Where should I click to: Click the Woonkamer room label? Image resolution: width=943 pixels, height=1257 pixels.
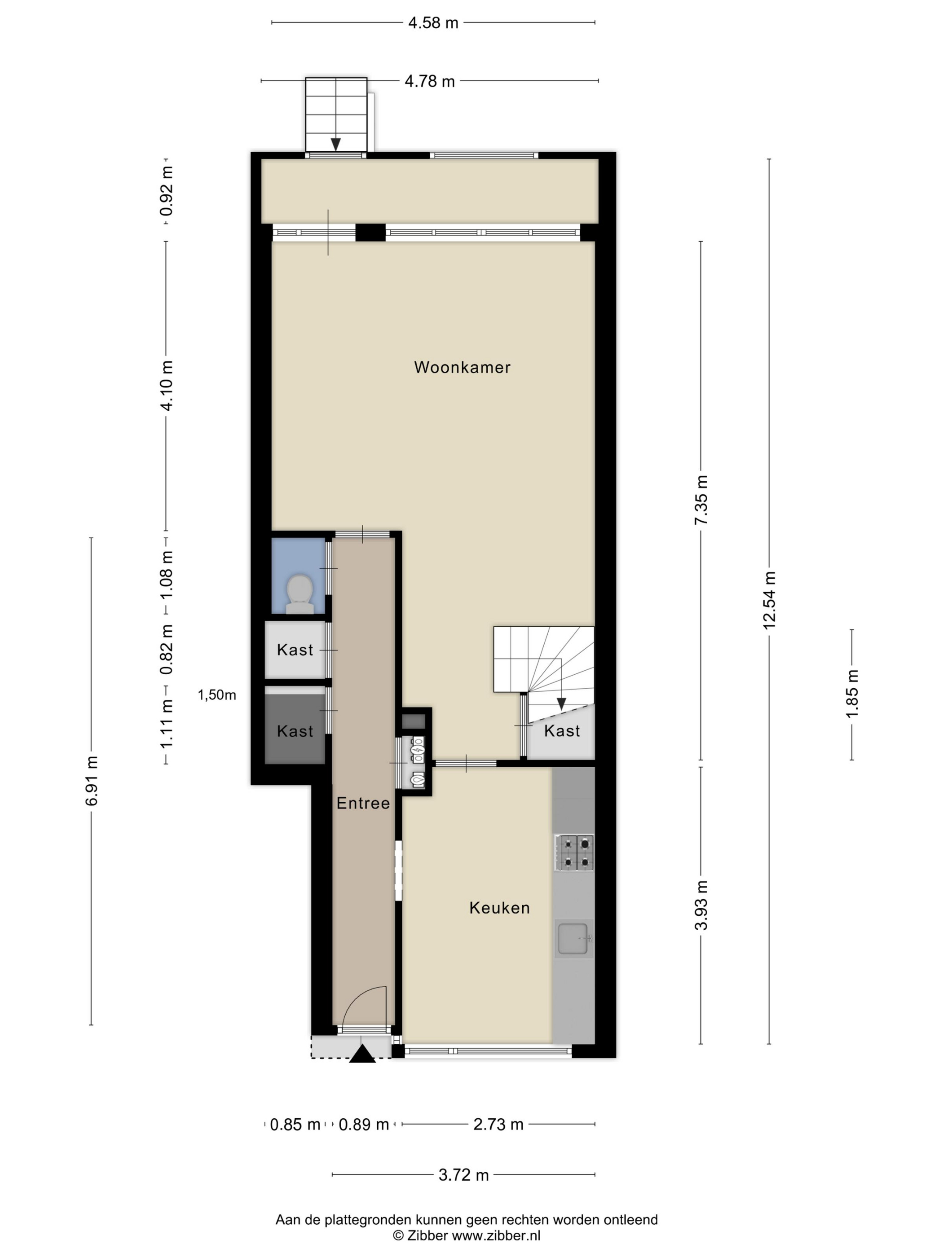462,367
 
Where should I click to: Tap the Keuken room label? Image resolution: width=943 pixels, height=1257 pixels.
499,908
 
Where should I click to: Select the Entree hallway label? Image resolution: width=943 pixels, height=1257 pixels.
363,803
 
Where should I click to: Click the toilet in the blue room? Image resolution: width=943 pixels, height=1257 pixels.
300,594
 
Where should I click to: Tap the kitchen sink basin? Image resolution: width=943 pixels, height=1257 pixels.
573,938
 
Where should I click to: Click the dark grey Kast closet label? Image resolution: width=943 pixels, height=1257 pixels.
295,731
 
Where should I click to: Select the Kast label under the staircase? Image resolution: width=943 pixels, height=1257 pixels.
562,731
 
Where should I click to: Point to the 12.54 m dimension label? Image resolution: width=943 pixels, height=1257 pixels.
769,600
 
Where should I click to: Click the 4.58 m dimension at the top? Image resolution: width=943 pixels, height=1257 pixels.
433,23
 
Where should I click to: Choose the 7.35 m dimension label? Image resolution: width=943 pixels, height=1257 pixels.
701,500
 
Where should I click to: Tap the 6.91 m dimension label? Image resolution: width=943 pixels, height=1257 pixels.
92,781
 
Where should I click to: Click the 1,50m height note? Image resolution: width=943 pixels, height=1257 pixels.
216,695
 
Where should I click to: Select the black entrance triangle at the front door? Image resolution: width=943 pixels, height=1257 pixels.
362,1054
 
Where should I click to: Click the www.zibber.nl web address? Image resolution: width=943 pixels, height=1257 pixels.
496,1235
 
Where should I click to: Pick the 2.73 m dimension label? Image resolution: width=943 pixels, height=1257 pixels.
498,1125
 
